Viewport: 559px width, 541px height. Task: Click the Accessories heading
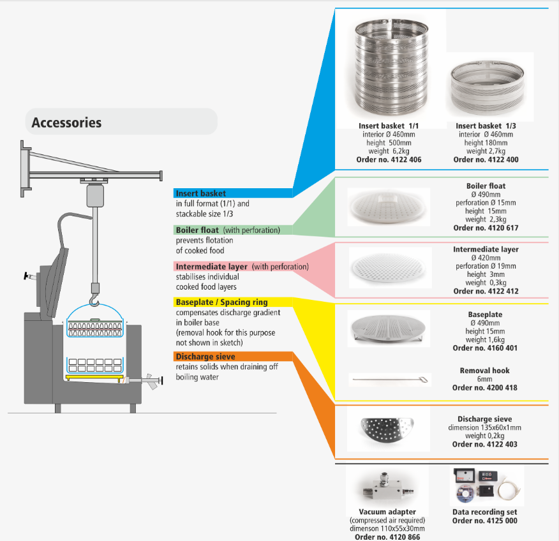coord(66,122)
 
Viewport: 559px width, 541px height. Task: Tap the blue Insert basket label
coord(202,193)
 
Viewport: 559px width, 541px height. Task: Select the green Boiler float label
coord(198,230)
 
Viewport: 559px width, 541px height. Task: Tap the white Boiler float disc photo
coord(389,207)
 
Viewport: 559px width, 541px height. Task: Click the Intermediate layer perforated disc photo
coord(389,269)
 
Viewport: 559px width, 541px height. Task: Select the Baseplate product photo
coord(389,326)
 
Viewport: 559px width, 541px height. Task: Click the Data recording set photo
coord(484,485)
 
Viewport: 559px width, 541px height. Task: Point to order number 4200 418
coord(485,388)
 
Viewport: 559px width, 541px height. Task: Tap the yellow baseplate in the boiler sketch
coord(94,377)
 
